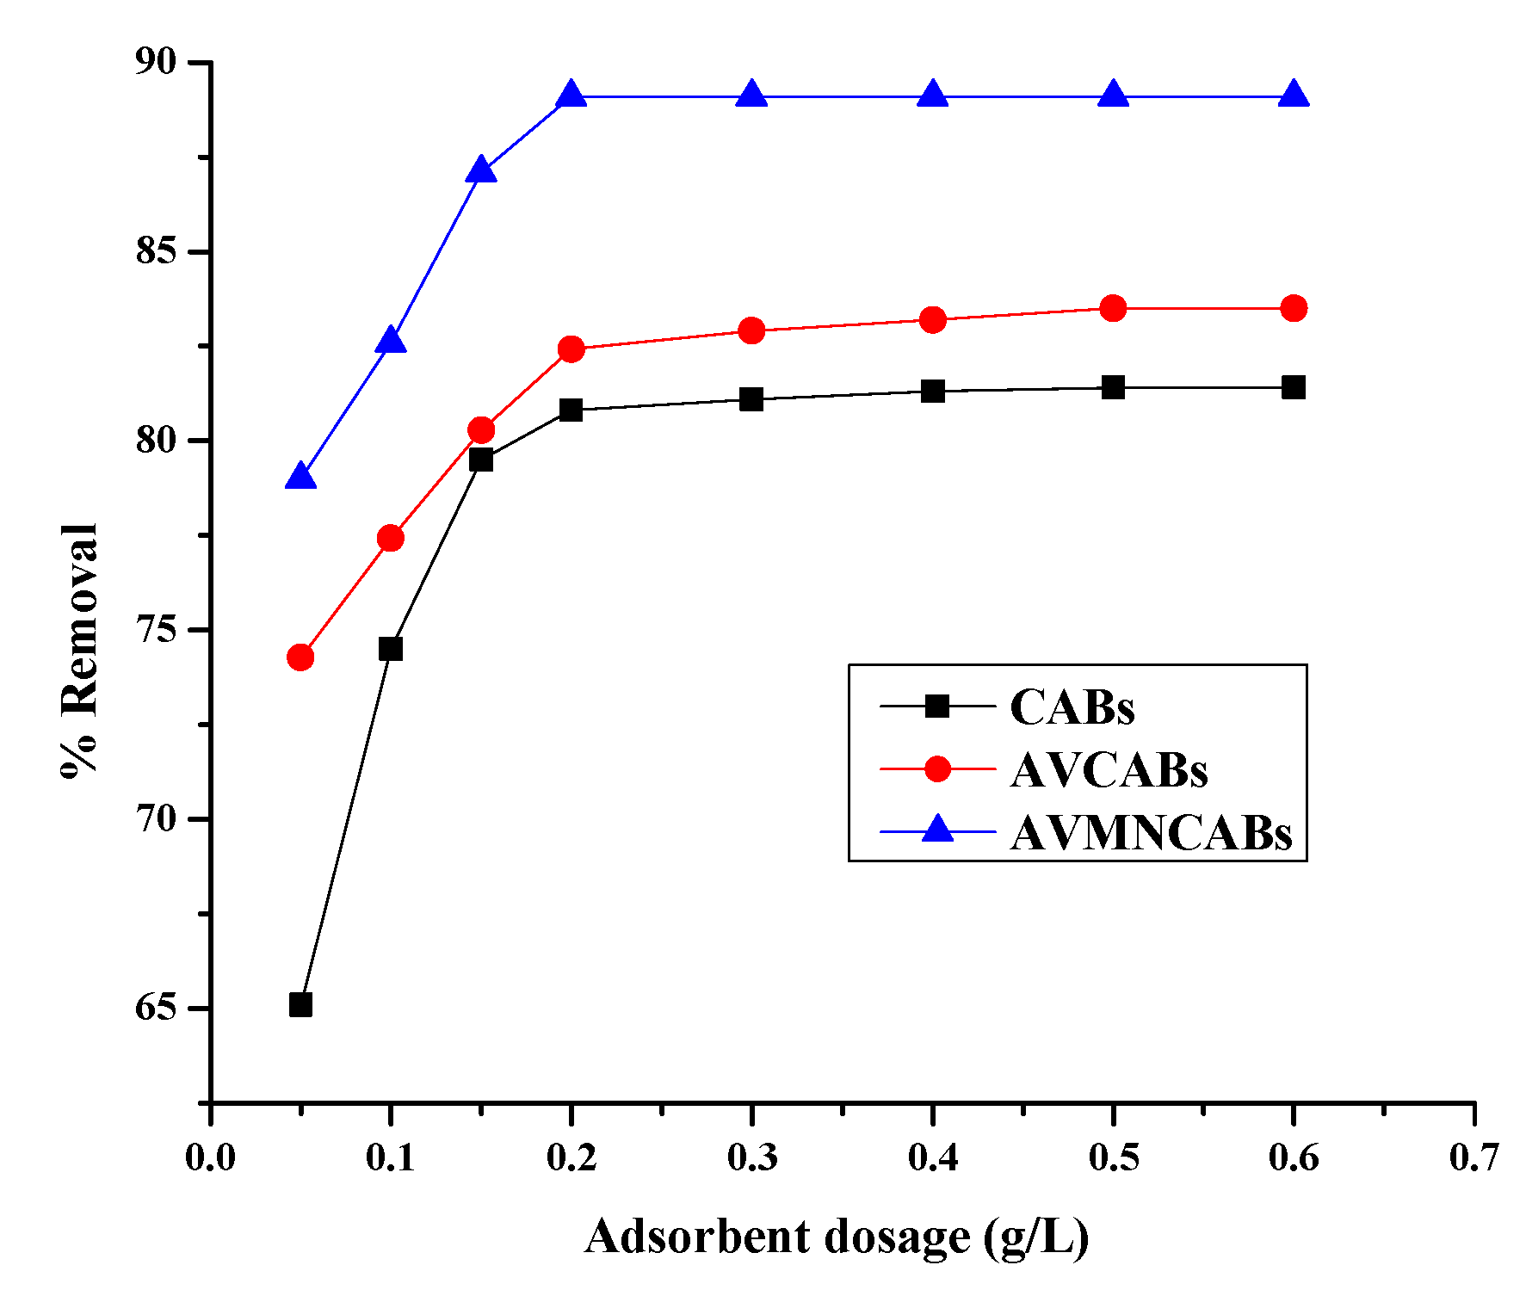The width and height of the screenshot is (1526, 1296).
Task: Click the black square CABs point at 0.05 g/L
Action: click(x=300, y=1004)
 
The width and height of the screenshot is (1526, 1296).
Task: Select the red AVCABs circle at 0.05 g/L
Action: click(x=300, y=657)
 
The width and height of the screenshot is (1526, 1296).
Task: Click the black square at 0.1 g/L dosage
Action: click(x=391, y=649)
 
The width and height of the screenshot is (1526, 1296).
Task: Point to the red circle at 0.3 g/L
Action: click(x=751, y=330)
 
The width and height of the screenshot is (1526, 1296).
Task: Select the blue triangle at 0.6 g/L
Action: click(x=1294, y=96)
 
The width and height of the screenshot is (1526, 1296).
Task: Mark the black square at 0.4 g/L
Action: click(x=932, y=392)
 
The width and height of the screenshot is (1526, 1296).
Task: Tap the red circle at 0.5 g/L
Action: click(x=1113, y=308)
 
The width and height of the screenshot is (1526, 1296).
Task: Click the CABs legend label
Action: click(x=1072, y=707)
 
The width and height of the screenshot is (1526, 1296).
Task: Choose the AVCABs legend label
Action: click(x=1109, y=769)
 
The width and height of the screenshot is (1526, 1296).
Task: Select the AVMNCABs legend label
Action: click(x=1151, y=832)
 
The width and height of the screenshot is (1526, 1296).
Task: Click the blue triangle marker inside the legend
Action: click(x=937, y=830)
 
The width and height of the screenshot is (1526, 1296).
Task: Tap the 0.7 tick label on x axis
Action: click(x=1473, y=1157)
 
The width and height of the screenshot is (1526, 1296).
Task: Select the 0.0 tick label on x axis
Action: click(x=210, y=1157)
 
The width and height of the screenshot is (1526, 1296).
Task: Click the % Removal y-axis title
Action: click(x=80, y=650)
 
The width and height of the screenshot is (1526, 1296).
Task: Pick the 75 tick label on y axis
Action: click(x=155, y=629)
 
